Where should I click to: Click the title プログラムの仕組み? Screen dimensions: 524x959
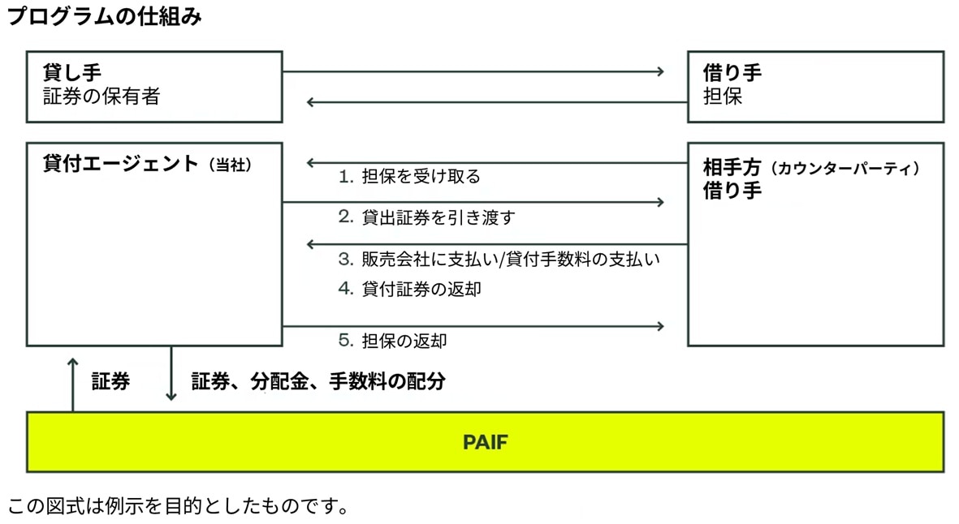point(104,17)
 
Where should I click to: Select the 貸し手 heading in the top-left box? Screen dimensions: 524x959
point(71,73)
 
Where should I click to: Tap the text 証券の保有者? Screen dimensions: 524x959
point(102,97)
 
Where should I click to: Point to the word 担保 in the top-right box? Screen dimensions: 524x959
point(723,97)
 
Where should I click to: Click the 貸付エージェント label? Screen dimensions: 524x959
point(120,164)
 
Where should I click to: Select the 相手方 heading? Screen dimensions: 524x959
point(732,168)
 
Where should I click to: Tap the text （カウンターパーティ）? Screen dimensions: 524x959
point(845,169)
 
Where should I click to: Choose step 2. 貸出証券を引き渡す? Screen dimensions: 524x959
point(426,217)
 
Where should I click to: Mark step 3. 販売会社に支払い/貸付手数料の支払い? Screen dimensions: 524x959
point(499,260)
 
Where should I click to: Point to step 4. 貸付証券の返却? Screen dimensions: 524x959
point(409,288)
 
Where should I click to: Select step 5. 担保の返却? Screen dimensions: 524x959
point(392,341)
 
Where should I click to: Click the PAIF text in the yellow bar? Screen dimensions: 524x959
point(485,442)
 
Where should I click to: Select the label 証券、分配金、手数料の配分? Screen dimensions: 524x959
point(318,381)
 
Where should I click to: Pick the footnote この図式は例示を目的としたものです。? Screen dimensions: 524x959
point(179,507)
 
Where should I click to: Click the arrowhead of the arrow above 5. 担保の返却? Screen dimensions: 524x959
point(660,326)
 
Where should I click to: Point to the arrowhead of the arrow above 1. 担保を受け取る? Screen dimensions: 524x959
point(311,163)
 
